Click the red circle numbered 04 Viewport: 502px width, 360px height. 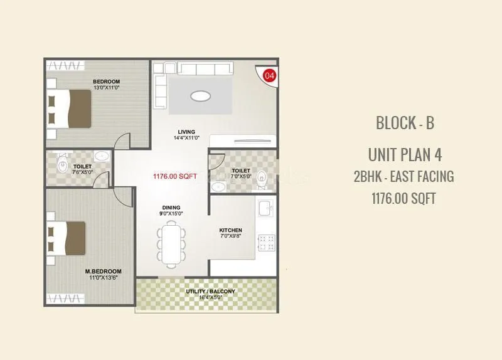click(x=269, y=76)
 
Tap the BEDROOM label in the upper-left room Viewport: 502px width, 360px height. click(x=106, y=82)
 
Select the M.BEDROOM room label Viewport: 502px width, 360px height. click(x=103, y=272)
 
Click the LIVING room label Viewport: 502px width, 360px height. click(x=186, y=132)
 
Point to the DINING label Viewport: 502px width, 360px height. click(x=171, y=208)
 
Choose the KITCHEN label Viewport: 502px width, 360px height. click(x=230, y=230)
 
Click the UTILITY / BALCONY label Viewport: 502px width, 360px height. click(x=210, y=292)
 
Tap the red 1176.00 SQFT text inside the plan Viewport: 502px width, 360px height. click(x=175, y=177)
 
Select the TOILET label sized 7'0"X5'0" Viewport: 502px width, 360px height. click(x=240, y=171)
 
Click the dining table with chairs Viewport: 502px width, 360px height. click(x=171, y=244)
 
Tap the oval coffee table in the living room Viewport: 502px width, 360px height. click(x=200, y=96)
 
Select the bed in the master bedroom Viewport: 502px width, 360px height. click(x=68, y=237)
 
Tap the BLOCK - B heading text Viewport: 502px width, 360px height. click(x=405, y=123)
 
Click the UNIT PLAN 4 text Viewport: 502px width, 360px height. click(x=405, y=154)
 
